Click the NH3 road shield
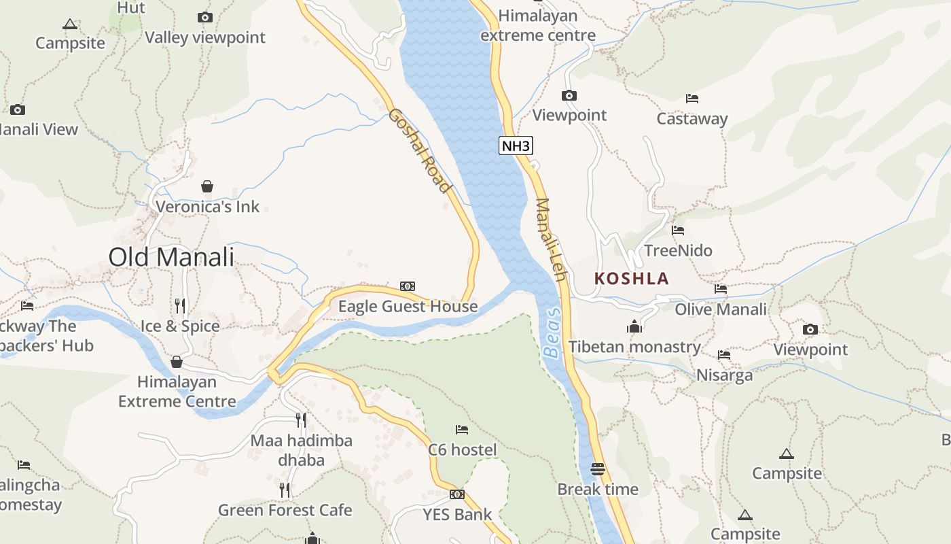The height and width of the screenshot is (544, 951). coord(516,146)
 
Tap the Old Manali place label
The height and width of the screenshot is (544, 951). coord(171,257)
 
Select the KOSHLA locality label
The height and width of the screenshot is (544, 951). coord(631,278)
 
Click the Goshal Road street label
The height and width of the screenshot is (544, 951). coord(420,150)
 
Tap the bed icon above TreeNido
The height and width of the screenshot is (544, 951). coord(677,231)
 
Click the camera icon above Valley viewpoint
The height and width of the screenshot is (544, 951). coord(204,17)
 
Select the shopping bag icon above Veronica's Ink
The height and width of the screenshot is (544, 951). coord(207,186)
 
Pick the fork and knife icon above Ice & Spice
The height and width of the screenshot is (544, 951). coord(179,305)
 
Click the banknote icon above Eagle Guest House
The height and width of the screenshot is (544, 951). coord(408,286)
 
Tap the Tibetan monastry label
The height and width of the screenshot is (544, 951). coord(634,347)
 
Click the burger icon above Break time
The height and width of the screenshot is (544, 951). coord(598,469)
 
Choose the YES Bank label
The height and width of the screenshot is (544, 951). coord(457,515)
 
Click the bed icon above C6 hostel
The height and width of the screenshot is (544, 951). coord(462,429)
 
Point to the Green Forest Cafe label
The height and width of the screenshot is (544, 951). coord(285,510)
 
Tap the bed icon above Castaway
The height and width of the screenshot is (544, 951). coord(692,99)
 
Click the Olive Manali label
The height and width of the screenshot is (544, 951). coord(721,309)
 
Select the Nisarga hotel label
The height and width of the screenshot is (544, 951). coord(724,375)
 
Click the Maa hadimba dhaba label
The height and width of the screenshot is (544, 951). coord(301,450)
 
